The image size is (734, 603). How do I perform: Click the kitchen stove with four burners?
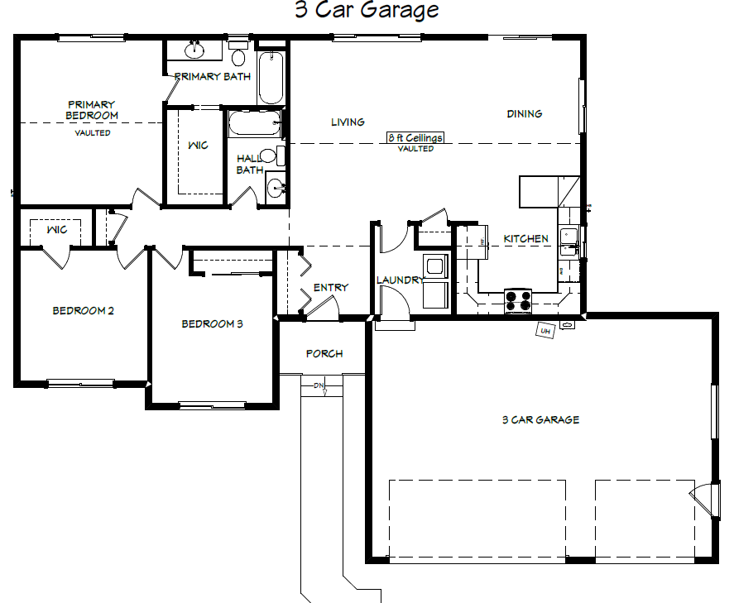pos(518,301)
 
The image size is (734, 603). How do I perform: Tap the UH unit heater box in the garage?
pos(545,330)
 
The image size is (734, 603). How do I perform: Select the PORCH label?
pos(324,354)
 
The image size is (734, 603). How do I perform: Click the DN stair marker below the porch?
pos(319,385)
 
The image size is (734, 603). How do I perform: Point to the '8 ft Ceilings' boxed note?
pos(415,137)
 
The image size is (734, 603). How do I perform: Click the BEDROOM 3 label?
pos(212,323)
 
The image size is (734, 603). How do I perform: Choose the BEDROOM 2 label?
pos(83,311)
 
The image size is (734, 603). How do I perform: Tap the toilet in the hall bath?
pos(272,156)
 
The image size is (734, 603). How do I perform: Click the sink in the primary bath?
pos(194,50)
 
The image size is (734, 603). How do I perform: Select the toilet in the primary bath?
pos(238,54)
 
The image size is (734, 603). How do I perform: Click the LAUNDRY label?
pos(401,280)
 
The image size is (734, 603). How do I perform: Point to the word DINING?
pos(525,113)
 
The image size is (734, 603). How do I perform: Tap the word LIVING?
pos(348,122)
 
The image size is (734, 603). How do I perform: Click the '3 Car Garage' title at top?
pos(367,10)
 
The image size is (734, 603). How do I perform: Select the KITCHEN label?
pos(525,238)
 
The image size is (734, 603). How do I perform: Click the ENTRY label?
pos(331,287)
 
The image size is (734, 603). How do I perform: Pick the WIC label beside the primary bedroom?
pos(198,146)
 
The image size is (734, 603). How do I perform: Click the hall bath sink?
pos(276,189)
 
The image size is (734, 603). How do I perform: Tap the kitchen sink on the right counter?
pos(568,242)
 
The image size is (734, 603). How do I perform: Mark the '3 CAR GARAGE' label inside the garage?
pos(540,419)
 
